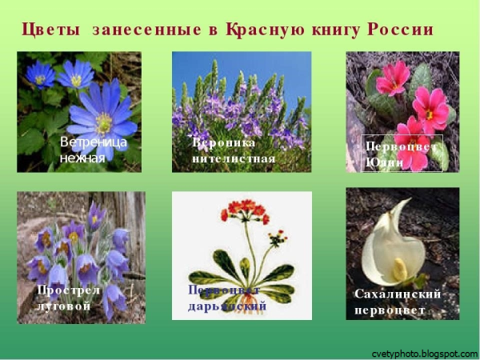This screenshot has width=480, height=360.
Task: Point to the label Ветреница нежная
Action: point(92,150)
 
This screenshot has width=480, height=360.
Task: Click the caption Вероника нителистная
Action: point(234,150)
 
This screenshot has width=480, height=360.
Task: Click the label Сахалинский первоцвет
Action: point(398,301)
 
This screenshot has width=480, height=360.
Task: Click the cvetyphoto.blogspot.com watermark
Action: point(424,353)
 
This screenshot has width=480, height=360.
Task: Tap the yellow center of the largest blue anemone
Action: point(103,122)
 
